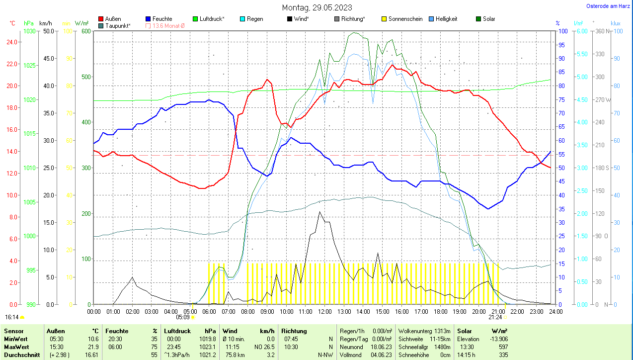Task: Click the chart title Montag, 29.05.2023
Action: pyautogui.click(x=316, y=7)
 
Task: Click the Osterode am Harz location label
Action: pyautogui.click(x=608, y=6)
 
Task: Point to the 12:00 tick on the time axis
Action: pyautogui.click(x=324, y=311)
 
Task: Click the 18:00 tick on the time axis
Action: pyautogui.click(x=440, y=311)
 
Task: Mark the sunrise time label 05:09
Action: pyautogui.click(x=183, y=317)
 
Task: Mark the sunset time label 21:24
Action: pyautogui.click(x=495, y=317)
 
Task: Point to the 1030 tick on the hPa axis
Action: pyautogui.click(x=30, y=31)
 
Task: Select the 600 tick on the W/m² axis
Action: pyautogui.click(x=85, y=31)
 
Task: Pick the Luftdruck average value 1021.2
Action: pyautogui.click(x=209, y=355)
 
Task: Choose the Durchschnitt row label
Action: pyautogui.click(x=20, y=355)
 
